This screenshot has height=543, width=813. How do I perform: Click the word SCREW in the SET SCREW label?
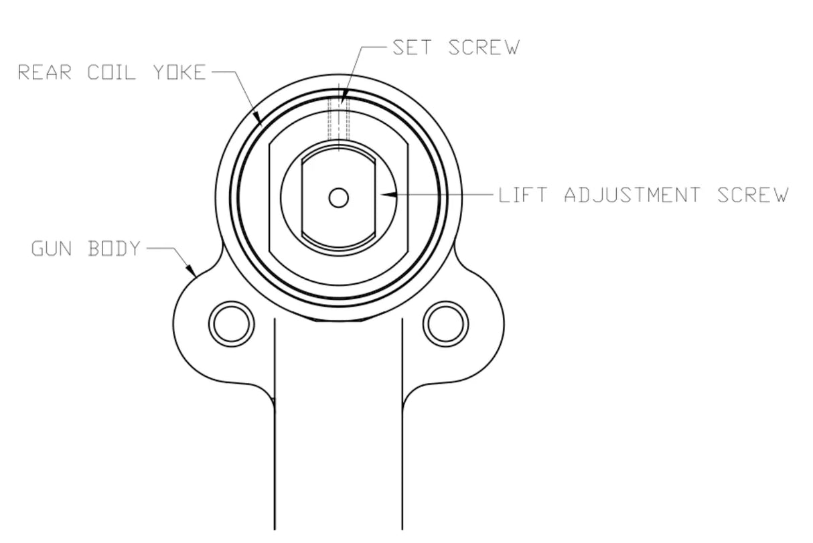click(484, 48)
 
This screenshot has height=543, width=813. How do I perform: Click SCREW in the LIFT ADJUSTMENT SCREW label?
click(753, 196)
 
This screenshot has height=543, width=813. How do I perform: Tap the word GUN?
click(52, 249)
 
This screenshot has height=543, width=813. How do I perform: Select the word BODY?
click(115, 249)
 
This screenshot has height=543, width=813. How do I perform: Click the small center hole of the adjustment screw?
click(339, 198)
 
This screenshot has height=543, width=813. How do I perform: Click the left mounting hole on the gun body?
click(232, 324)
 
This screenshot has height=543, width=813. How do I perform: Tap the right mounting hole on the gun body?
click(446, 324)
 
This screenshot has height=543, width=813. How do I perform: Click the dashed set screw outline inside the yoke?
click(339, 121)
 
